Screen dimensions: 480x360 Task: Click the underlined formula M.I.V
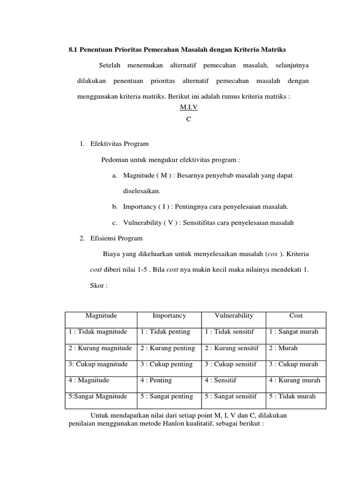(189, 107)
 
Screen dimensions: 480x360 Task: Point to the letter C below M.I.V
(188, 119)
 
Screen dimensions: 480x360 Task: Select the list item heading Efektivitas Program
(119, 143)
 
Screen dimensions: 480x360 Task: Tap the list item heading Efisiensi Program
(116, 238)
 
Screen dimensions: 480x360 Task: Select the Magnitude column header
(101, 316)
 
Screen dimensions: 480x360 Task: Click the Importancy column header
(169, 316)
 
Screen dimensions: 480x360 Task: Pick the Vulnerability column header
(233, 316)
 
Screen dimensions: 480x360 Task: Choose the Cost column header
(296, 316)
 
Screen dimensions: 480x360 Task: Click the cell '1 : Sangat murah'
(293, 332)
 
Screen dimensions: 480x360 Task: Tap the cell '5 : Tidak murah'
(292, 397)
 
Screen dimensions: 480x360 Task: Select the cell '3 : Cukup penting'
(166, 364)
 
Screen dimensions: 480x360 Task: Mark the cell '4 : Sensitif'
(220, 380)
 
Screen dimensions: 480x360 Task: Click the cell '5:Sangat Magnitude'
(98, 397)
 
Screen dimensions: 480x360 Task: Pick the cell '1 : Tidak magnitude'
(97, 332)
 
